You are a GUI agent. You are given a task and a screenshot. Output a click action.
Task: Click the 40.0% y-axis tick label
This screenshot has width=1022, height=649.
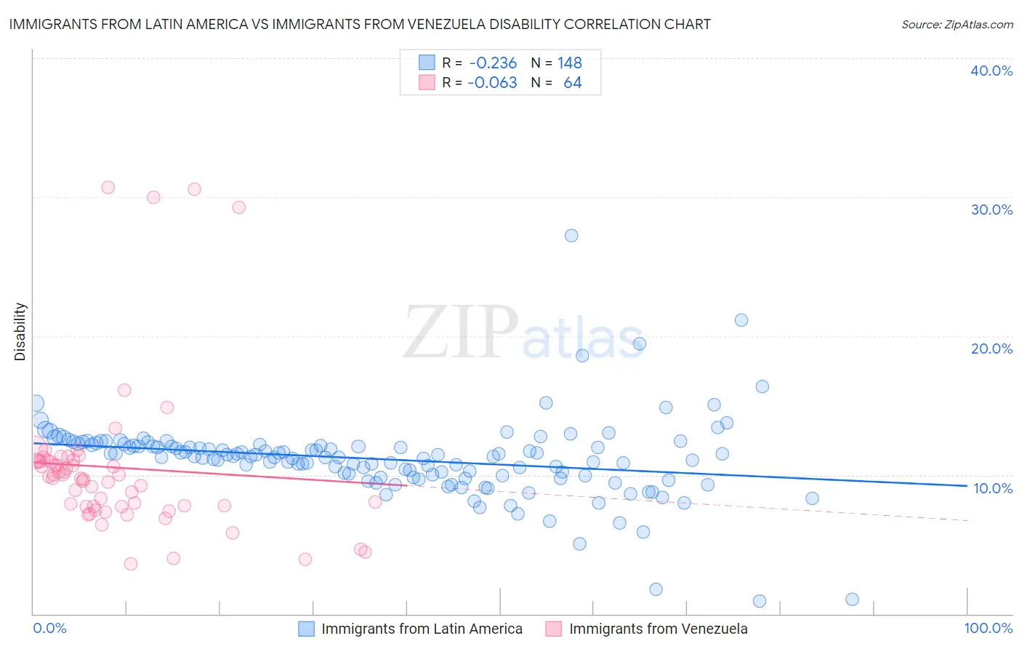click(x=991, y=71)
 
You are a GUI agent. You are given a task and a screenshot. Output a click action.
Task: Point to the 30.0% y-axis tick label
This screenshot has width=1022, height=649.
click(x=991, y=210)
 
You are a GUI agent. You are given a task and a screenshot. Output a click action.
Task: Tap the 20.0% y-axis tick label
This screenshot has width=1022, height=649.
click(x=991, y=349)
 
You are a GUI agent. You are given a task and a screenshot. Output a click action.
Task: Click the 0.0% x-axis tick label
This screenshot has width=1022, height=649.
click(x=49, y=629)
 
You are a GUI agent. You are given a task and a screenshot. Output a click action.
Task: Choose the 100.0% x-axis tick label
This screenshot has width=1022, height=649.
click(x=988, y=629)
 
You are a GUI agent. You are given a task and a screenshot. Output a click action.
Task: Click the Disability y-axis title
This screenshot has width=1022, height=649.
click(x=20, y=332)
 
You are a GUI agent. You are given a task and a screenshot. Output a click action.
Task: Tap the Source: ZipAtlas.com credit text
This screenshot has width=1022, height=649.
click(x=957, y=25)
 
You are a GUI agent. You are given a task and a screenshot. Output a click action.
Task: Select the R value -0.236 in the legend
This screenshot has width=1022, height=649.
click(x=492, y=63)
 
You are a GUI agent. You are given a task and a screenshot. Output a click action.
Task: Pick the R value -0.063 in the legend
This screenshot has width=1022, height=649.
click(x=492, y=83)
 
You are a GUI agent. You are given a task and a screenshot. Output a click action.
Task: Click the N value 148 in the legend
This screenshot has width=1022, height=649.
click(x=569, y=63)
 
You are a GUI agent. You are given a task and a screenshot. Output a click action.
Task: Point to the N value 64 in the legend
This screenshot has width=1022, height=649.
click(x=572, y=83)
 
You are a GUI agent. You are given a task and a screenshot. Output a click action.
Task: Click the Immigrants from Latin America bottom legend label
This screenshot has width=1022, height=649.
click(x=422, y=629)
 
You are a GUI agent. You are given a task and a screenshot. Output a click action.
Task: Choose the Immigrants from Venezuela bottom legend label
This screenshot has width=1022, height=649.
click(x=658, y=629)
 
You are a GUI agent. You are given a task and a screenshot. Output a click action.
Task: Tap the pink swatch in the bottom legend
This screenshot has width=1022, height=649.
click(x=554, y=629)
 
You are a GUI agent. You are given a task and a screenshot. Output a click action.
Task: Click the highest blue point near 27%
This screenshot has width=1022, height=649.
click(x=571, y=236)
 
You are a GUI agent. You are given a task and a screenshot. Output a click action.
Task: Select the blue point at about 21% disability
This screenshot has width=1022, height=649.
click(x=741, y=320)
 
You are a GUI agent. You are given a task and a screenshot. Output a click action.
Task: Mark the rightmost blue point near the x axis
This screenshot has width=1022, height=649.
click(x=853, y=600)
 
